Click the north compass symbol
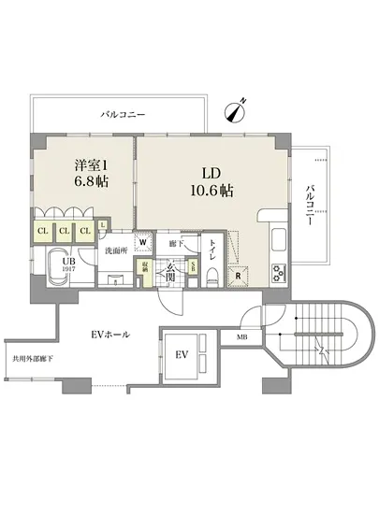point(239,110)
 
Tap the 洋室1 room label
point(92,165)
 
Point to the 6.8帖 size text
point(92,182)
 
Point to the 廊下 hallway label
point(175,242)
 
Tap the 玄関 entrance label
point(170,272)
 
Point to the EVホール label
point(109,334)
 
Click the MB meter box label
point(241,337)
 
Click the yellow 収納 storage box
point(145,269)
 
